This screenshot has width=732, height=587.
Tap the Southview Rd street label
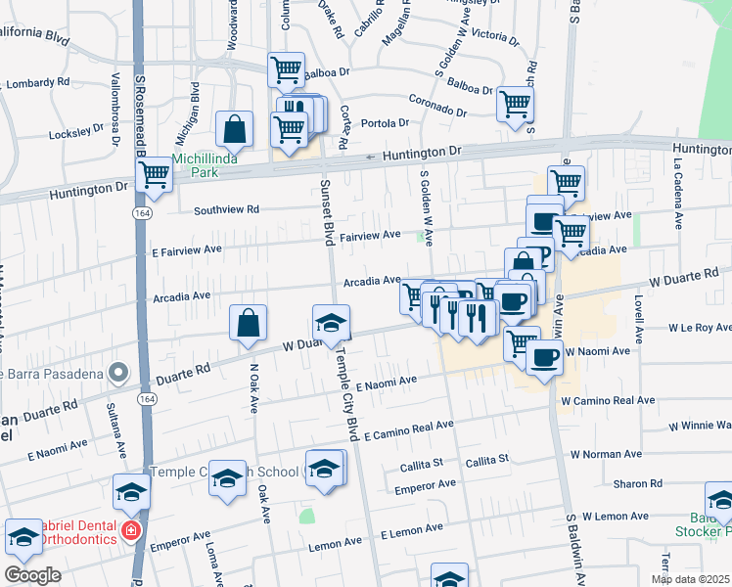click(226, 209)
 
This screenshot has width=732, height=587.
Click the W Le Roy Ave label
click(699, 328)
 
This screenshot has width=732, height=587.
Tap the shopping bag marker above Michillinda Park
click(236, 128)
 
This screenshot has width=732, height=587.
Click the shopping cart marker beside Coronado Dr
click(515, 103)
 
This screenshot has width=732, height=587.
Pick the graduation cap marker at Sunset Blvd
click(332, 322)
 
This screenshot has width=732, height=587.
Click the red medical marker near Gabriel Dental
click(129, 531)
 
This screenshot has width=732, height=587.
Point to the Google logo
click(32, 575)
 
